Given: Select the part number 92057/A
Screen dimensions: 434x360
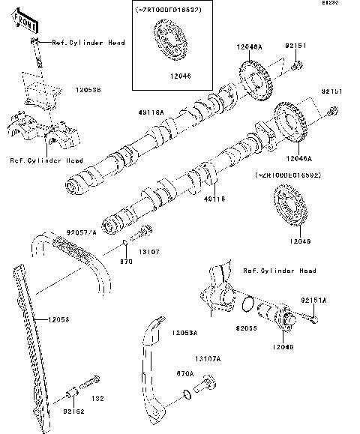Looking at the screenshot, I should (82, 233).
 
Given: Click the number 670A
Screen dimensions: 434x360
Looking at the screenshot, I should (184, 373).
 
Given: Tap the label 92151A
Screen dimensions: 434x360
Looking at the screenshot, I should (314, 300).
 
